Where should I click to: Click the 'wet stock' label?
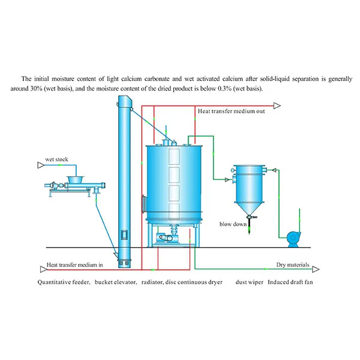click(56, 160)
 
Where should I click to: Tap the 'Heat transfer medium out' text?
click(231, 112)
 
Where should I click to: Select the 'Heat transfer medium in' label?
click(75, 265)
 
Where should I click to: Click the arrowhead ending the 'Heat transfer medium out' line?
click(277, 106)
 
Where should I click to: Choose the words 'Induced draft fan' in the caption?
click(292, 281)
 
